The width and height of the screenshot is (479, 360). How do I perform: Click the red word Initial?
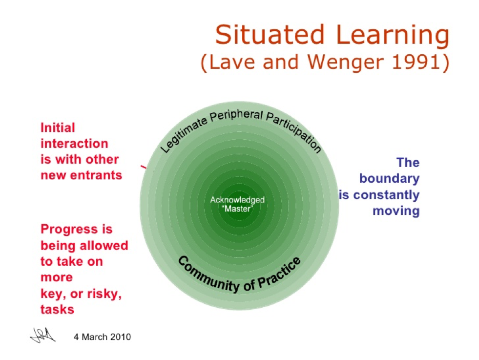click(x=58, y=128)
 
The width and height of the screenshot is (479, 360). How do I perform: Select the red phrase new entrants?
click(x=81, y=175)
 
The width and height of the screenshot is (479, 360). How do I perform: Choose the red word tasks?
click(x=57, y=309)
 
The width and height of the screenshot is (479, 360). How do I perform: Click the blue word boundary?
click(x=389, y=178)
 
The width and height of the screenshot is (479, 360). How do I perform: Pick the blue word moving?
click(x=396, y=211)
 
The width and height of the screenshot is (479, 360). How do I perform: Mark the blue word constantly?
click(x=386, y=194)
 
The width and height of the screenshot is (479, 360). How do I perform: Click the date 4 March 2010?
click(x=102, y=337)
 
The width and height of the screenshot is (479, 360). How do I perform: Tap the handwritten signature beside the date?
click(x=43, y=336)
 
